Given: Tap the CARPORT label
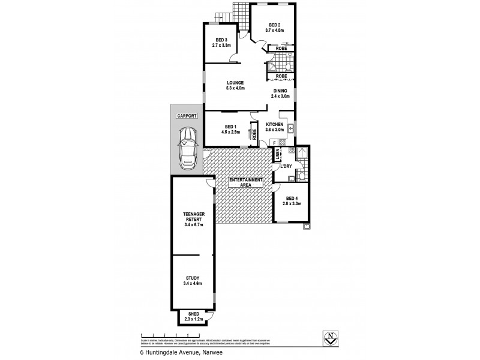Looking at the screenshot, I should [x=186, y=116].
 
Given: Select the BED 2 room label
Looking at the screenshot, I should [x=274, y=25].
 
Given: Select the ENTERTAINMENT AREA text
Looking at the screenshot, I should [x=245, y=182].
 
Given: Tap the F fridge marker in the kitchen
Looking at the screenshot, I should [x=273, y=143].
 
